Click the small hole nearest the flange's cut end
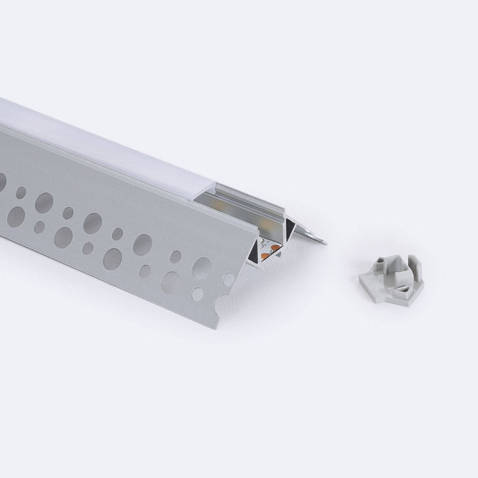coord(228,279)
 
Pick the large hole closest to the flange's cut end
coord(201,268)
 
